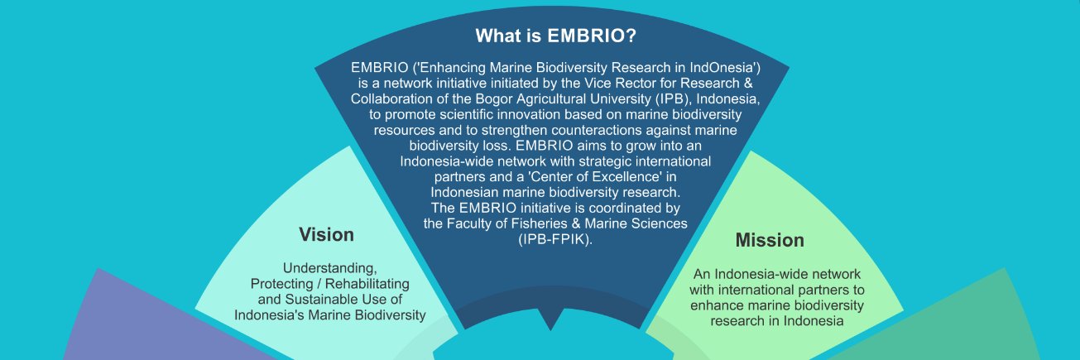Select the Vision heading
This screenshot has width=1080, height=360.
click(326, 234)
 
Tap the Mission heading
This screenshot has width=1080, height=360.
click(770, 240)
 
